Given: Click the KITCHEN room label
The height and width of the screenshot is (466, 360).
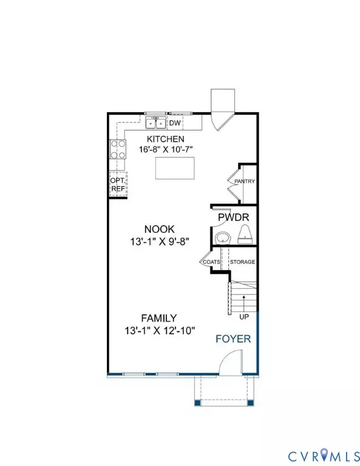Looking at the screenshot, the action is point(166,139).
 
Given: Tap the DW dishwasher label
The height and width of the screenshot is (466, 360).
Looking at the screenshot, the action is point(175,123).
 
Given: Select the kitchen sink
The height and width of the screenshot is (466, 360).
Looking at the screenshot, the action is point(155,123).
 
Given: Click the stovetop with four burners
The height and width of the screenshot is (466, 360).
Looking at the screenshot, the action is point(118,149).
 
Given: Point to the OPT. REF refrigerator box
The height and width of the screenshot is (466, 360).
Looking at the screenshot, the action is point(118,184).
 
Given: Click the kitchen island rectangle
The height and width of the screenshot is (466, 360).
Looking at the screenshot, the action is point(175,168).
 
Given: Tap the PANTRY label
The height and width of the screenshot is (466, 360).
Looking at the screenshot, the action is point(245,181).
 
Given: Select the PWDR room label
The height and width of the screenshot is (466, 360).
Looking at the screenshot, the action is point(233,217).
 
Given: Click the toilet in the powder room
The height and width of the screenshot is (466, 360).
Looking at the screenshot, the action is point(245,234).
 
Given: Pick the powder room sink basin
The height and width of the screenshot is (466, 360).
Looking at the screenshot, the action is point(223,238).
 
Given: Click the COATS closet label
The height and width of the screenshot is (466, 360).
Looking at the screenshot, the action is point(211,262).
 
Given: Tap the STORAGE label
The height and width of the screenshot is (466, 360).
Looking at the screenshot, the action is point(242,262).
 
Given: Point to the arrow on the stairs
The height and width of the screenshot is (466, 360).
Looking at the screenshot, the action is point(244,303).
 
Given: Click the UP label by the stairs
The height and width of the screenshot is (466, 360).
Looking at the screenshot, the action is point(244,317).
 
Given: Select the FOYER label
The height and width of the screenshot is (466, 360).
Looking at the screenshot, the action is point(233,339).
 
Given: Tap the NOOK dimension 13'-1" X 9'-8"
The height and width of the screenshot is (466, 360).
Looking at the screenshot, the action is point(160,241).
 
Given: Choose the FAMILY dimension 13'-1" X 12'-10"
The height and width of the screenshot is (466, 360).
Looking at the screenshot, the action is point(160,331).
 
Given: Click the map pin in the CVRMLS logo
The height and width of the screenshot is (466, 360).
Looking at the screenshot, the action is point(324,454).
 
